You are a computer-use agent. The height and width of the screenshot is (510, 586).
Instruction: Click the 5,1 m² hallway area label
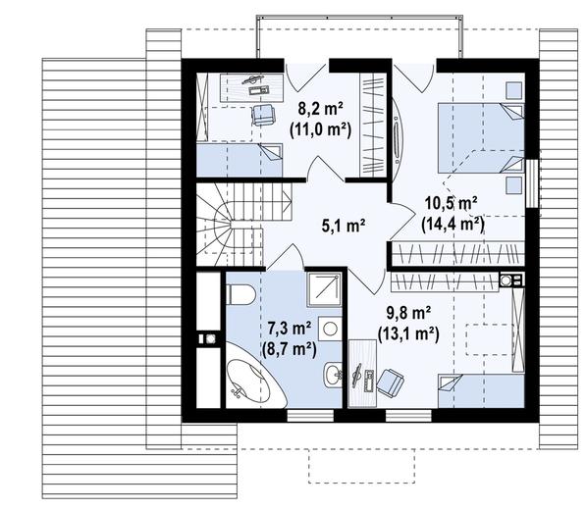point(344,226)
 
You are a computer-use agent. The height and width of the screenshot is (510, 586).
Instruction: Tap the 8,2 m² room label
point(320,109)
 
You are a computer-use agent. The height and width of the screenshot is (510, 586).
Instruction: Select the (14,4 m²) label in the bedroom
point(453,225)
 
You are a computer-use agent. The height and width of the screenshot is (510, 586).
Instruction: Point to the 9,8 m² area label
point(408,314)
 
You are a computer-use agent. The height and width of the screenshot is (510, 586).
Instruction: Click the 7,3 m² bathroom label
point(290,330)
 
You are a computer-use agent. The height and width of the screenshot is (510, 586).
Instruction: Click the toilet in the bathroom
point(241,294)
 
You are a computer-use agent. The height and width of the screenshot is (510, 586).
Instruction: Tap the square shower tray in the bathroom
point(324,289)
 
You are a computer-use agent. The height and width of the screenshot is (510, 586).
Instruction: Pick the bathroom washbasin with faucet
point(333,375)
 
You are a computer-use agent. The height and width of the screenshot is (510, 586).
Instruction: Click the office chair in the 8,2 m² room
point(263,114)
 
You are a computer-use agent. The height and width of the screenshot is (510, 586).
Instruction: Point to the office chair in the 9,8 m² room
point(390,381)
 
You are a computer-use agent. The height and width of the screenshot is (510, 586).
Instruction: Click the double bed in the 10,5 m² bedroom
point(481,138)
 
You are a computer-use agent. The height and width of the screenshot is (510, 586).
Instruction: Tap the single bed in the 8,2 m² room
point(240,160)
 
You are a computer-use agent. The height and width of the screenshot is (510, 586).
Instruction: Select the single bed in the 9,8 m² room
point(481,391)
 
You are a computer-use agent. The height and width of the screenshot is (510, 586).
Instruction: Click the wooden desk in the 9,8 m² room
point(362,374)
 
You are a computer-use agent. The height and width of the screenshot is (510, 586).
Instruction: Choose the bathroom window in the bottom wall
point(310,416)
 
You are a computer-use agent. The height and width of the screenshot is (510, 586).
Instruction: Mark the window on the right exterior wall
point(532,183)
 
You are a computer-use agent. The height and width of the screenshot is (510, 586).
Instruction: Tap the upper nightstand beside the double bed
point(514,91)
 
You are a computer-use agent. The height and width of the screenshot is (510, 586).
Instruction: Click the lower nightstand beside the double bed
point(514,185)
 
